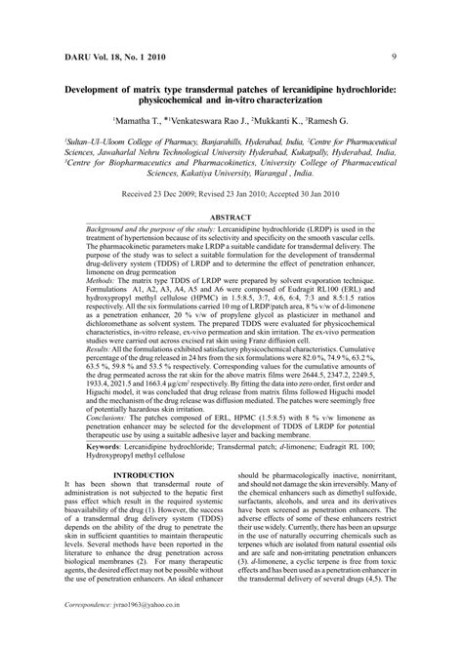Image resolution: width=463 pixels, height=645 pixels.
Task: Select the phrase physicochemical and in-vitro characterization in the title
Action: click(x=231, y=99)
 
